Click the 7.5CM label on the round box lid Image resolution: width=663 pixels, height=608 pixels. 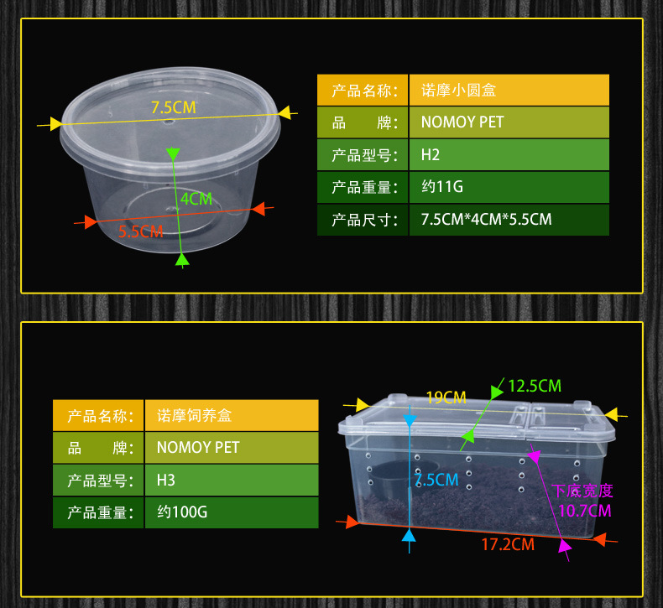coord(174,107)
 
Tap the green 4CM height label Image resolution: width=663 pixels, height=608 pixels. coord(196,199)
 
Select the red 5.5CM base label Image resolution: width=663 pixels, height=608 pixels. coord(140,231)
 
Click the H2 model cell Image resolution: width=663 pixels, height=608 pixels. coord(509,154)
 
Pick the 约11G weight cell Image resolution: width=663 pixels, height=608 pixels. coord(509,187)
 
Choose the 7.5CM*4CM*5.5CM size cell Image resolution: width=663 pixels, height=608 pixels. coord(509,220)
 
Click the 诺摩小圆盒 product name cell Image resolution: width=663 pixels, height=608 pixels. coord(509,90)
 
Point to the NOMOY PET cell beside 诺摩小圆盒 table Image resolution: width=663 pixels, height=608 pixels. coord(509,122)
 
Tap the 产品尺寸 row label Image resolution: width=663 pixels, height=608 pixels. coord(363,220)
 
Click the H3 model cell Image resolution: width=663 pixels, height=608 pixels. coord(232,480)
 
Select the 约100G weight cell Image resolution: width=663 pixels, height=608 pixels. coord(232,512)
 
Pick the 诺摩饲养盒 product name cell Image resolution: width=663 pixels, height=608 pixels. coord(232,415)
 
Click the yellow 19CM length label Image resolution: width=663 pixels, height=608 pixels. coord(446,398)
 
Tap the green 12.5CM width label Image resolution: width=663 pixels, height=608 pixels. coord(535,386)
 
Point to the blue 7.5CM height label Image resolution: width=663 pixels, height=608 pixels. coord(436,480)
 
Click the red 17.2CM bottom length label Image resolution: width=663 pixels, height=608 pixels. coord(508,544)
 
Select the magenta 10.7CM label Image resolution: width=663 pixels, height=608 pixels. coord(585,511)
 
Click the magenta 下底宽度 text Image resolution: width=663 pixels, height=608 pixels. coord(582,491)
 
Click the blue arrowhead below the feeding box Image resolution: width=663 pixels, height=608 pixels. coord(409,535)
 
